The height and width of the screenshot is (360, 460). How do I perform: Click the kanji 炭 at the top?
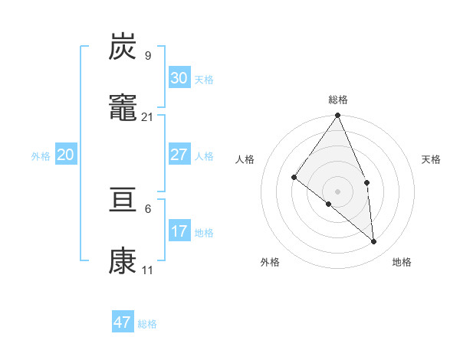click(123, 47)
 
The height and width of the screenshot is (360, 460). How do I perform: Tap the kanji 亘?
click(123, 203)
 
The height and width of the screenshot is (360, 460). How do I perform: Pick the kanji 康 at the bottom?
click(123, 262)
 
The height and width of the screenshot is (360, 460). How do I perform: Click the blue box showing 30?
click(179, 77)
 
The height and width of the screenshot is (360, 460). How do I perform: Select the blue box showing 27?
click(179, 155)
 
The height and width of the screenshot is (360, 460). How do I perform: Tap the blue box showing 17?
click(179, 231)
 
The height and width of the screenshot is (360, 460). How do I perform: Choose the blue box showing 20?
click(65, 155)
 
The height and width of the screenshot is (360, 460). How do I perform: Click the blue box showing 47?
click(122, 322)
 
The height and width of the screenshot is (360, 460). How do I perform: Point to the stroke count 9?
click(148, 56)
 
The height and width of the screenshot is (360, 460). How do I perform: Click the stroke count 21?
click(148, 116)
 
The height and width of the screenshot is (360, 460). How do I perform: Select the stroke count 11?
click(148, 270)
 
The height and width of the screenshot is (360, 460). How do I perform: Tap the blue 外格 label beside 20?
click(41, 155)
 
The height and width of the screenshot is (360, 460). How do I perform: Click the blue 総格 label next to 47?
click(147, 324)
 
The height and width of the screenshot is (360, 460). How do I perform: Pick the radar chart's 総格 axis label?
click(338, 100)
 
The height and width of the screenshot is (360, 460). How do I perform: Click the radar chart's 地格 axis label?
click(402, 262)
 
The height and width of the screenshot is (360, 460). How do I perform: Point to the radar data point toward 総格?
click(338, 116)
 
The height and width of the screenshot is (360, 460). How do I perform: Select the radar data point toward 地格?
click(373, 241)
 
